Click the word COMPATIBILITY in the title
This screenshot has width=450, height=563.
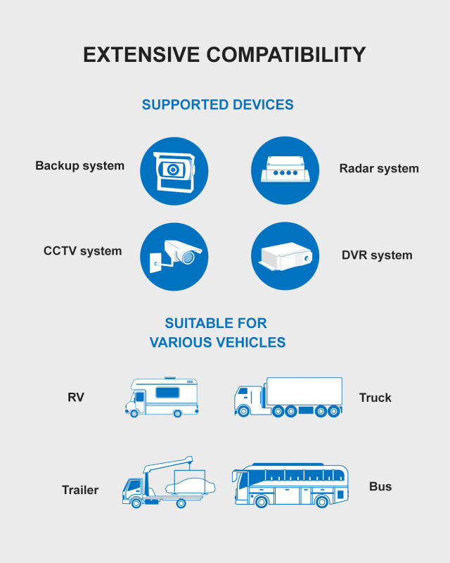click(285, 55)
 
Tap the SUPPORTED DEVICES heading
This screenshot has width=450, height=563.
click(217, 105)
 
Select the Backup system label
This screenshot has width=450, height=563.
click(79, 166)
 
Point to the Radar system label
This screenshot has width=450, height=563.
click(379, 168)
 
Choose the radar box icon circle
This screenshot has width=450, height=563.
click(285, 171)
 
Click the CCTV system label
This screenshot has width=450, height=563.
click(82, 251)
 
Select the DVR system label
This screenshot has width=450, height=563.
click(377, 255)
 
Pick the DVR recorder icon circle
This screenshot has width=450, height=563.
click(285, 256)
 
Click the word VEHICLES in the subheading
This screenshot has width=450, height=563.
click(250, 343)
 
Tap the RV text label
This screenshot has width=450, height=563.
click(76, 397)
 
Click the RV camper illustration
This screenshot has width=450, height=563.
click(162, 397)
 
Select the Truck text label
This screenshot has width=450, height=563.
click(375, 398)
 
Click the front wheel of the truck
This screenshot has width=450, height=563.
click(243, 411)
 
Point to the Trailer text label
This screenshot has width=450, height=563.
click(79, 490)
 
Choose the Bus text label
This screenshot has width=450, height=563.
click(380, 486)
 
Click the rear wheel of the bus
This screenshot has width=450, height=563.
click(321, 502)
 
